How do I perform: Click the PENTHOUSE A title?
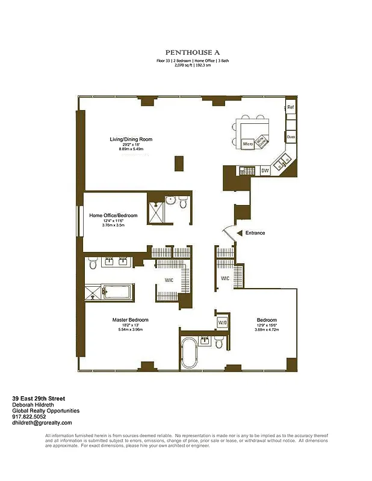tap(189, 52)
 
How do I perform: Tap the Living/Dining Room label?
tap(131, 139)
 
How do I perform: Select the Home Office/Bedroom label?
tap(113, 215)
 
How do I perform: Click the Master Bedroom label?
tap(130, 320)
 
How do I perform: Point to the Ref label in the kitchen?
tap(290, 108)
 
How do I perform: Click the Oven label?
tap(291, 136)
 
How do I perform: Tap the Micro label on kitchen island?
tap(247, 144)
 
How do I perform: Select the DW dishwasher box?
tap(265, 171)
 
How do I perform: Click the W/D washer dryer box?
tap(222, 322)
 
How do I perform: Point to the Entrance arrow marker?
tap(240, 233)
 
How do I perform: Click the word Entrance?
tap(255, 233)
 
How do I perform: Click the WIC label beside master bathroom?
tap(169, 280)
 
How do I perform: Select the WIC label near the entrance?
tap(225, 278)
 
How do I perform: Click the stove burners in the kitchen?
tap(247, 171)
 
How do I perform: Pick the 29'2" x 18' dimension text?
tap(131, 145)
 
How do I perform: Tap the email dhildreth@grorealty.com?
tap(42, 423)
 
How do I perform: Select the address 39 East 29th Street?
tap(39, 398)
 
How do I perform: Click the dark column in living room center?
tap(179, 164)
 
